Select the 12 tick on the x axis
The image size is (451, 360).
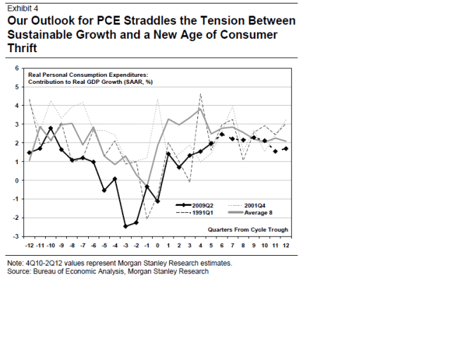[x=285, y=245]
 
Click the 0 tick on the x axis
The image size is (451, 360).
[x=157, y=245]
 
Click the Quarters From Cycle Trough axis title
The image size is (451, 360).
[x=248, y=230]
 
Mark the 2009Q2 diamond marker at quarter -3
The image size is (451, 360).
[x=125, y=226]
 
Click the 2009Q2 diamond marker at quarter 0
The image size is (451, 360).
[x=157, y=201]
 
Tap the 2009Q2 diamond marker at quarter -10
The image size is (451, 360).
[x=50, y=128]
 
